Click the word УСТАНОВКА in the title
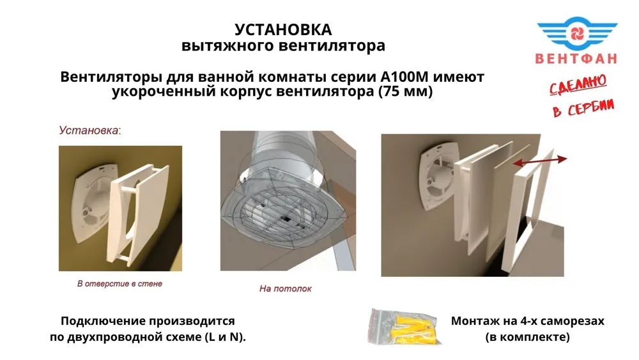click(283, 29)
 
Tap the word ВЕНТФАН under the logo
click(576, 58)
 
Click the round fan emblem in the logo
click(578, 33)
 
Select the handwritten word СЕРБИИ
click(590, 107)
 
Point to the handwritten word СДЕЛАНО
click(578, 84)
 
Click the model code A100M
click(402, 76)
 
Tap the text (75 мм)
click(406, 91)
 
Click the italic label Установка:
click(90, 130)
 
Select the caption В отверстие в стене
click(120, 283)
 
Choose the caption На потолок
click(285, 288)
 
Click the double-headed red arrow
click(539, 160)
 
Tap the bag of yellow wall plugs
click(403, 326)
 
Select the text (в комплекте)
click(527, 337)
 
